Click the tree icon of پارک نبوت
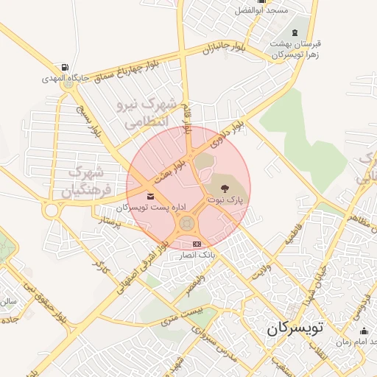click(225, 189)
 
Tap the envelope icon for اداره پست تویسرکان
click(150, 196)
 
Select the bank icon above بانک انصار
click(196, 244)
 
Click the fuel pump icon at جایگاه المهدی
click(66, 68)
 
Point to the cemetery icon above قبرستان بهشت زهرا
click(296, 32)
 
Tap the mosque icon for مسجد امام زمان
click(362, 332)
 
